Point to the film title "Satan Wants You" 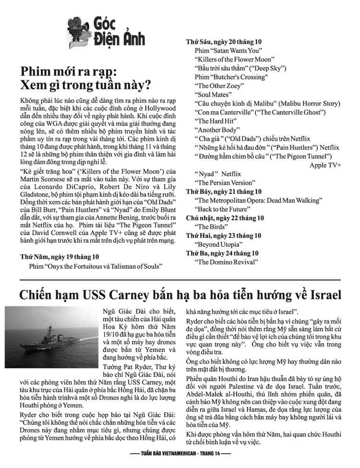click(228, 50)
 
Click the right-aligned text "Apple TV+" click(325, 165)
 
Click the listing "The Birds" click(210, 227)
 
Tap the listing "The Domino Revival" click(226, 262)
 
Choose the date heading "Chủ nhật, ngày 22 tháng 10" click(225, 218)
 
